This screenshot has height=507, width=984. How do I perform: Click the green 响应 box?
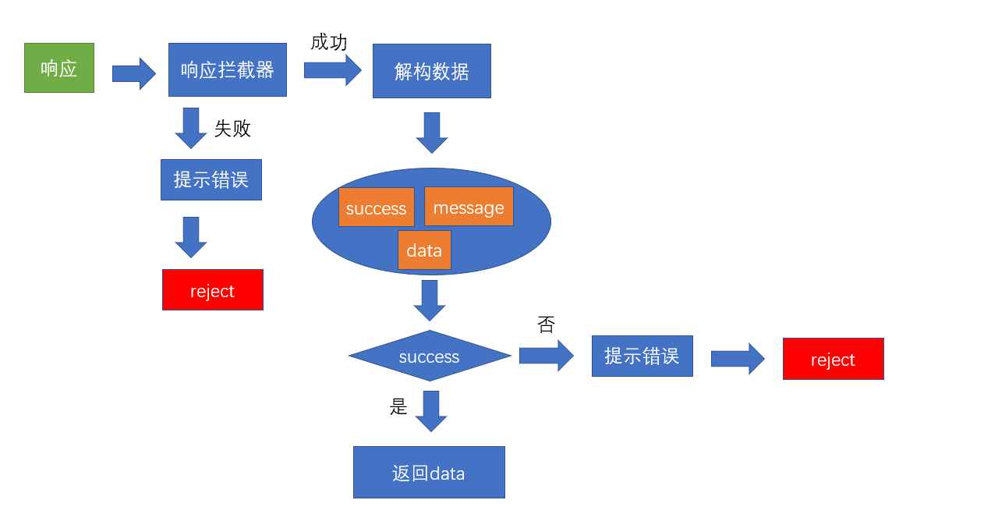pos(59,68)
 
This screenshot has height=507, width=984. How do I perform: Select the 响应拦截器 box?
pos(228,70)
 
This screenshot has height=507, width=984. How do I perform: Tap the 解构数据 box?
pos(432,71)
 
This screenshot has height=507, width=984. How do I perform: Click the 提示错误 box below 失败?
pos(211,180)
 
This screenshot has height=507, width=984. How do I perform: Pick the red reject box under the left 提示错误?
pos(213,290)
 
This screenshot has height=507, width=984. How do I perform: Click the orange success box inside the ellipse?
pos(377,207)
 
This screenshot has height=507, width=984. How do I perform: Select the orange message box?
pos(469,207)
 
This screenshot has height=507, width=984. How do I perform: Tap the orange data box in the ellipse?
pos(424,250)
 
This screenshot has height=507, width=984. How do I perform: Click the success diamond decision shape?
pos(430,356)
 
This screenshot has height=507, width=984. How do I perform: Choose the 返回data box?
pos(429,473)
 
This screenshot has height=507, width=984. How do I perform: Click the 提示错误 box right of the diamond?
pos(642,356)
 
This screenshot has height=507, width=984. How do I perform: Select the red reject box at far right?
pos(834,359)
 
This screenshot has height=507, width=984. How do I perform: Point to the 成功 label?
pos(329,42)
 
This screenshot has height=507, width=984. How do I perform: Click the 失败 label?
pos(232,129)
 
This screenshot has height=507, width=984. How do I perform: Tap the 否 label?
pos(547,325)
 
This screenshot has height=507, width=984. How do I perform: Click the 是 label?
pos(398,406)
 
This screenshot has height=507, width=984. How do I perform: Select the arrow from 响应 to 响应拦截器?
pos(134,73)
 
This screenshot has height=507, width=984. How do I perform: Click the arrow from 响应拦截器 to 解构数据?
pos(332,70)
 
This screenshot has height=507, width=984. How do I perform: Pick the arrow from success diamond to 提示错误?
pos(546,356)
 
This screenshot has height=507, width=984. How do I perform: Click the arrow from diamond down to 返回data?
pos(430,410)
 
